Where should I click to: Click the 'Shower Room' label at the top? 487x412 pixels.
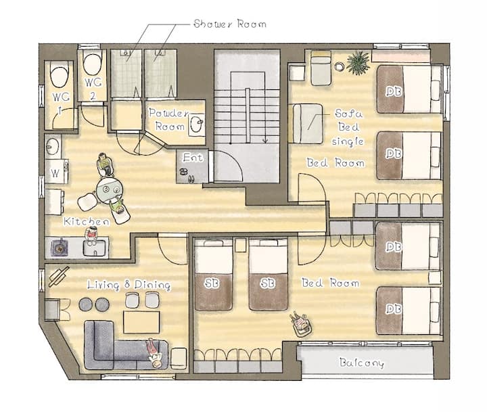[230, 24]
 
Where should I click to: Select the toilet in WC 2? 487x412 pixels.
[93, 65]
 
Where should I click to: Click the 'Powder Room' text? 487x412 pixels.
[169, 120]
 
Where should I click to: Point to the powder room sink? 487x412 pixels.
[197, 124]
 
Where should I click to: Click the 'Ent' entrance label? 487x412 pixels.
[193, 158]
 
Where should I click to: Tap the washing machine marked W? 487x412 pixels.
[56, 172]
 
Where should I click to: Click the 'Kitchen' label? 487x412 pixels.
[87, 221]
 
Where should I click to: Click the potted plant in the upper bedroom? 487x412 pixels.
[358, 63]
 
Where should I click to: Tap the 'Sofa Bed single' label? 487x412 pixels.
[348, 127]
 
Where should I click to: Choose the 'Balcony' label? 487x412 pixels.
[361, 363]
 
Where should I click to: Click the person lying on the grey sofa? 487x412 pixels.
[154, 353]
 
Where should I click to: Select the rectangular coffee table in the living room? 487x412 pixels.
[141, 322]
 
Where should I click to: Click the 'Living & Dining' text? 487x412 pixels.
[129, 285]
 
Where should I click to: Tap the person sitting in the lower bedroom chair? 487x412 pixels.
[299, 323]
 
